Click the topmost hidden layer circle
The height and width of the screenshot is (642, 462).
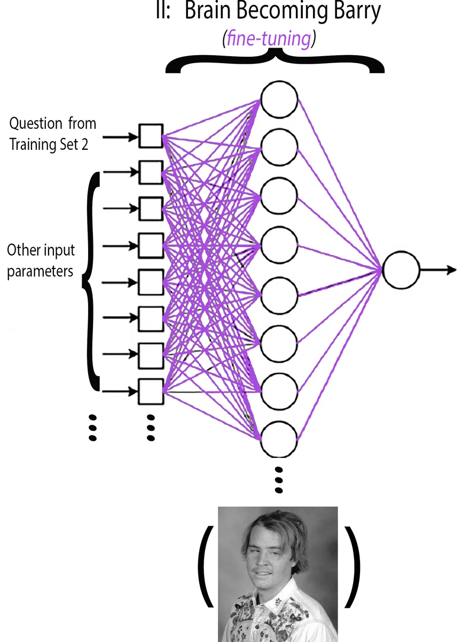[x=279, y=101]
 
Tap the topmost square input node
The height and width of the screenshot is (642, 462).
[x=151, y=136]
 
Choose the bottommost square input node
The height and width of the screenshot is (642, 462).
[x=151, y=392]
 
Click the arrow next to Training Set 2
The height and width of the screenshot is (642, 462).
[x=120, y=137]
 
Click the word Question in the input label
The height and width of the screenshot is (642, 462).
[x=36, y=124]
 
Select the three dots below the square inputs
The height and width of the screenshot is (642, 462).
[x=151, y=427]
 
